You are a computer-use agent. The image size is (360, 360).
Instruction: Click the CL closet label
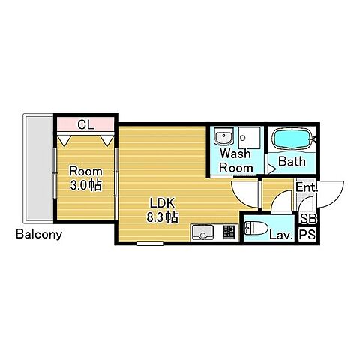[85, 124]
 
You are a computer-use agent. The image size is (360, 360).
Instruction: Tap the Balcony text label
[39, 235]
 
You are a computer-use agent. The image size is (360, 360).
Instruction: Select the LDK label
[162, 203]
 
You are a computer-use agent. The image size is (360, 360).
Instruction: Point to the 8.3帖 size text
[162, 217]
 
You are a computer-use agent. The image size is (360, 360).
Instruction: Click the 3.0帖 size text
[85, 185]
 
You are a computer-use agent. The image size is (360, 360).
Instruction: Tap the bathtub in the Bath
[292, 139]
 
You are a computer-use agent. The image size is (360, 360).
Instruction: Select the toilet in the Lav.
[256, 229]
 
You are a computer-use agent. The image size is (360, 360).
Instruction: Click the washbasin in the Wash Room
[223, 136]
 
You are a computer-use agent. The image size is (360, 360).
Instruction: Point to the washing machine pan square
[249, 138]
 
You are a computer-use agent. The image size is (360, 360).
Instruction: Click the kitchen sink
[202, 232]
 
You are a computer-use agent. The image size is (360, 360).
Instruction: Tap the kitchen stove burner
[229, 232]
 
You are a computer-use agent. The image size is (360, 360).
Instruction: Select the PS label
[308, 235]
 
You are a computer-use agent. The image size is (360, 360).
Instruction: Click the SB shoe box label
[308, 219]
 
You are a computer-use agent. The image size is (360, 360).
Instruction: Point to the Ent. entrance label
[307, 187]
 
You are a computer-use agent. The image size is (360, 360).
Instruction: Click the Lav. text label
[281, 235]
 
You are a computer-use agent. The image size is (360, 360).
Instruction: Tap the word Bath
[292, 161]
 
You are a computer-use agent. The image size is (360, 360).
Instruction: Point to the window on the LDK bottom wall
[150, 243]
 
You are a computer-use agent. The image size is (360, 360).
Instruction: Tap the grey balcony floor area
[39, 169]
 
